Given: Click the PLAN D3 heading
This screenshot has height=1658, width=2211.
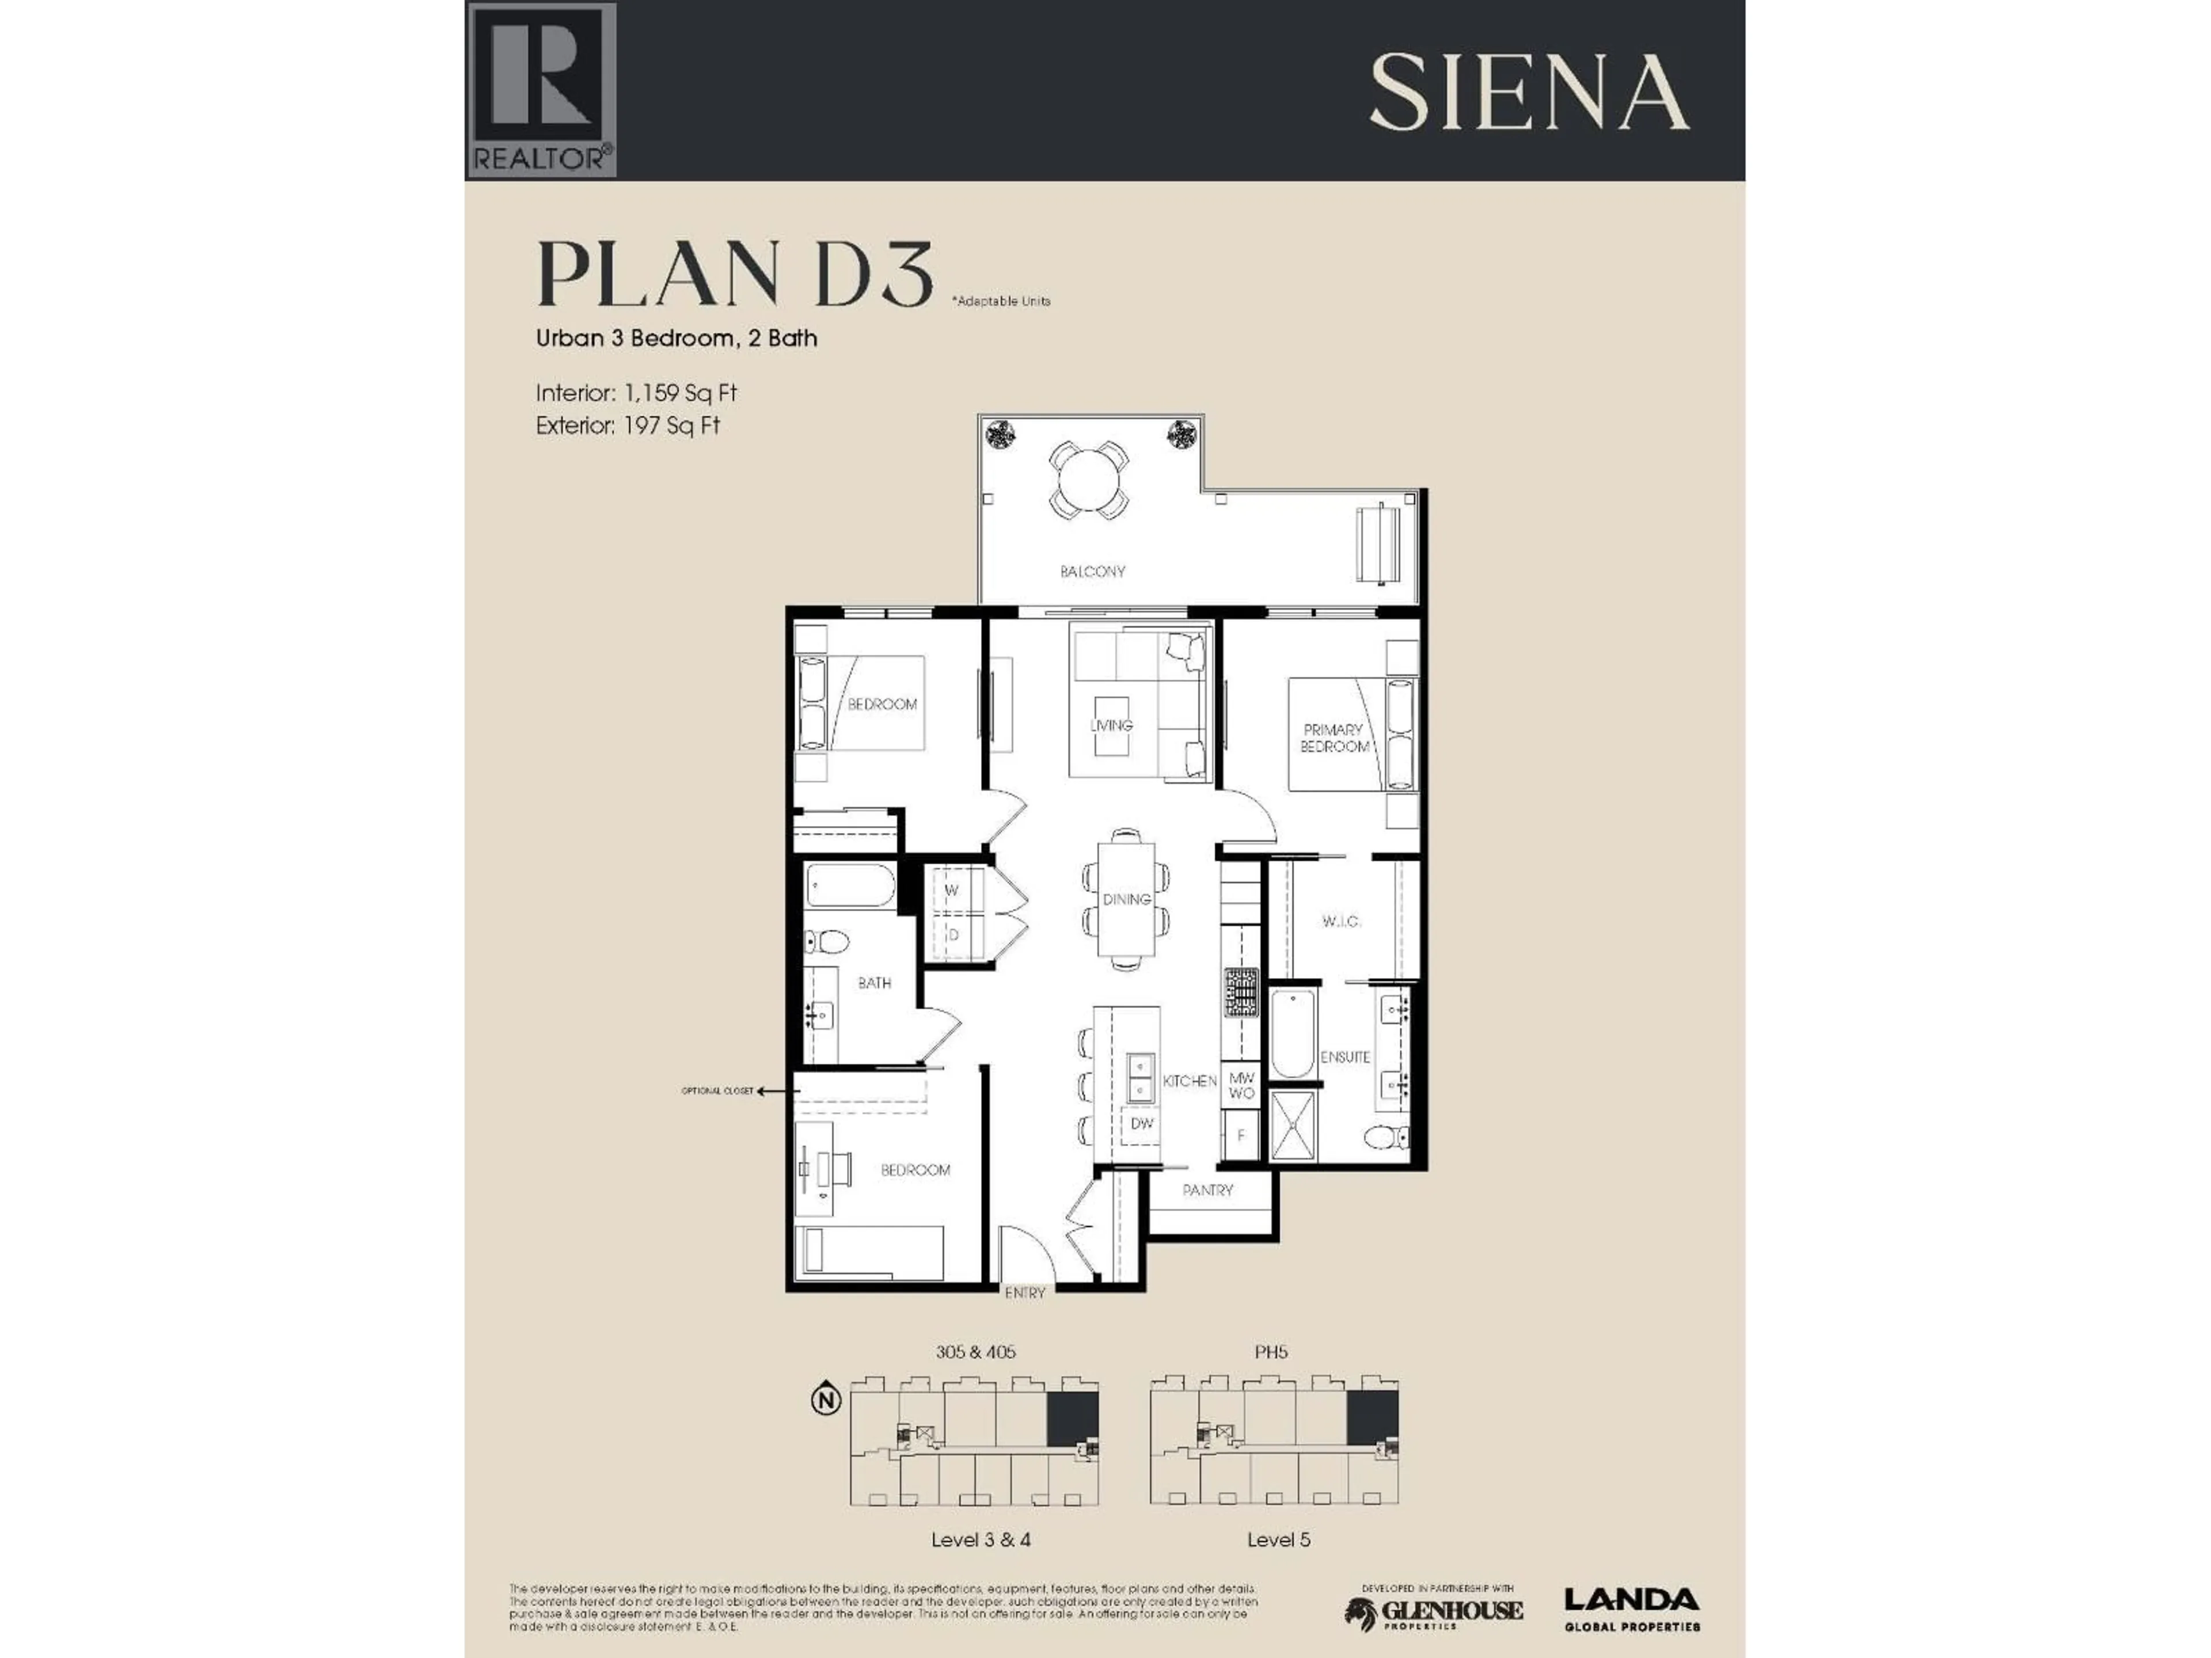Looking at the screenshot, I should [735, 274].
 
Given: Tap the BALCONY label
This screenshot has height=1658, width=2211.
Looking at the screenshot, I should [1092, 572].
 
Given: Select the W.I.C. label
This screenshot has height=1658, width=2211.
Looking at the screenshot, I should [1340, 922].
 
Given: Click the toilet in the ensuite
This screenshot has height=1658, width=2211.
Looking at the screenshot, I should [1388, 1138].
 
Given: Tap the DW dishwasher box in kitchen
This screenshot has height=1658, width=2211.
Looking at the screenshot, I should [1141, 1123].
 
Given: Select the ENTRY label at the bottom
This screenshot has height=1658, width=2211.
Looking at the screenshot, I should [1024, 1293].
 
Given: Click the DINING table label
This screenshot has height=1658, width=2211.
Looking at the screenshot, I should [1126, 899].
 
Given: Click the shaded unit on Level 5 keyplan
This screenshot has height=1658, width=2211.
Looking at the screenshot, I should [1372, 1418].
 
